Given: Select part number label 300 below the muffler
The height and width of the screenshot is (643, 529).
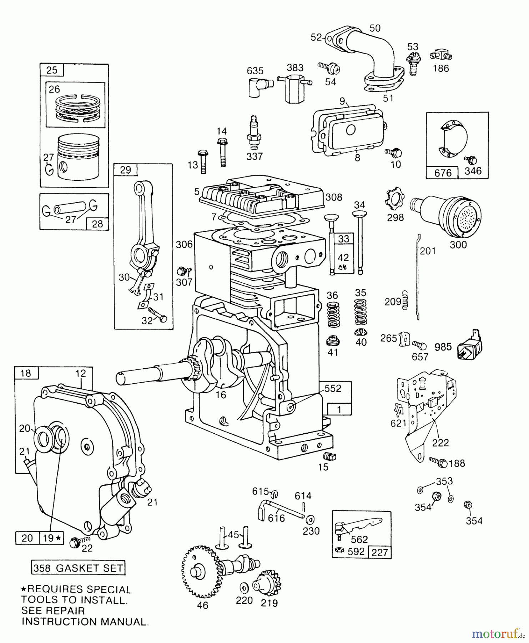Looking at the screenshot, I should (x=458, y=245).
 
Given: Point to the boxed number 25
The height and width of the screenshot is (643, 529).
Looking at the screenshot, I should (x=52, y=70).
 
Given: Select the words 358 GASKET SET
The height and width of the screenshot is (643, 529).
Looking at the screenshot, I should (x=78, y=568).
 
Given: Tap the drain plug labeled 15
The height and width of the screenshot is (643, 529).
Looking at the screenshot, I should (x=328, y=456).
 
